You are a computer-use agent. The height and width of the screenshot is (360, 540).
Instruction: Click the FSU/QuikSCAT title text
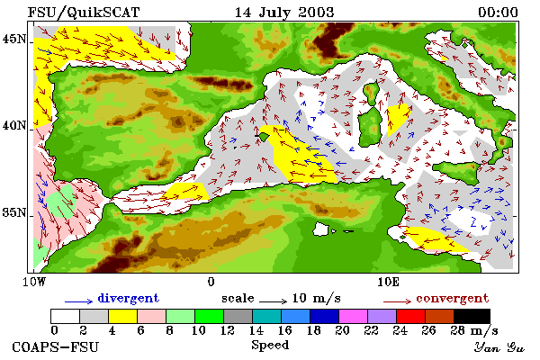pyautogui.click(x=84, y=13)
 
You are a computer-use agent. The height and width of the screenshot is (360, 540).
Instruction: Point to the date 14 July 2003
pyautogui.click(x=284, y=13)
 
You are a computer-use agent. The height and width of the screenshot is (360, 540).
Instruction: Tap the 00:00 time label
pyautogui.click(x=498, y=13)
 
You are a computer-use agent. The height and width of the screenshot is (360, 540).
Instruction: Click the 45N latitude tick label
pyautogui.click(x=14, y=39)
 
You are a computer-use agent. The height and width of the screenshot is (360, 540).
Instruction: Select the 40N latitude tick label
pyautogui.click(x=14, y=125)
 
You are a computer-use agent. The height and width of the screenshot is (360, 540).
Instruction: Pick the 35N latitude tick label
pyautogui.click(x=14, y=212)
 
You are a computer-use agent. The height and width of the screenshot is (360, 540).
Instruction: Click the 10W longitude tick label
pyautogui.click(x=34, y=282)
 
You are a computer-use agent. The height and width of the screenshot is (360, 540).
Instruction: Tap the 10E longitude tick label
pyautogui.click(x=388, y=282)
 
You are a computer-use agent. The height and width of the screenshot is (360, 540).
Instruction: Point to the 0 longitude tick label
pyautogui.click(x=211, y=282)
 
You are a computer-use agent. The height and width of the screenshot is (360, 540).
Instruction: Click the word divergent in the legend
pyautogui.click(x=128, y=298)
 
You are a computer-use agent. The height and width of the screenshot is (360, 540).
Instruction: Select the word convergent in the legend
pyautogui.click(x=452, y=298)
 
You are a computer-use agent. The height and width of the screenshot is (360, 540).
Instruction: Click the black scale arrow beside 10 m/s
pyautogui.click(x=273, y=301)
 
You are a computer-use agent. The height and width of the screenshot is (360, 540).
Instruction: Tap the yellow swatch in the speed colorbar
pyautogui.click(x=123, y=316)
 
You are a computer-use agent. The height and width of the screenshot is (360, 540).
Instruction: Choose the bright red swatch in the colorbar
pyautogui.click(x=410, y=316)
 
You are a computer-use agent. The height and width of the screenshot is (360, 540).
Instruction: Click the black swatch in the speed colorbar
pyautogui.click(x=472, y=316)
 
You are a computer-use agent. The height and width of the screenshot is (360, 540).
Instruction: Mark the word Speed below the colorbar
pyautogui.click(x=270, y=346)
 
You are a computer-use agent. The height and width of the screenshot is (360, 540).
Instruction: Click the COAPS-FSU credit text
pyautogui.click(x=56, y=346)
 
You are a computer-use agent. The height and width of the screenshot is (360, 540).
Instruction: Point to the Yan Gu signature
pyautogui.click(x=499, y=347)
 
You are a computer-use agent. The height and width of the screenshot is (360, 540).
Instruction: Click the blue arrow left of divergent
pyautogui.click(x=78, y=301)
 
